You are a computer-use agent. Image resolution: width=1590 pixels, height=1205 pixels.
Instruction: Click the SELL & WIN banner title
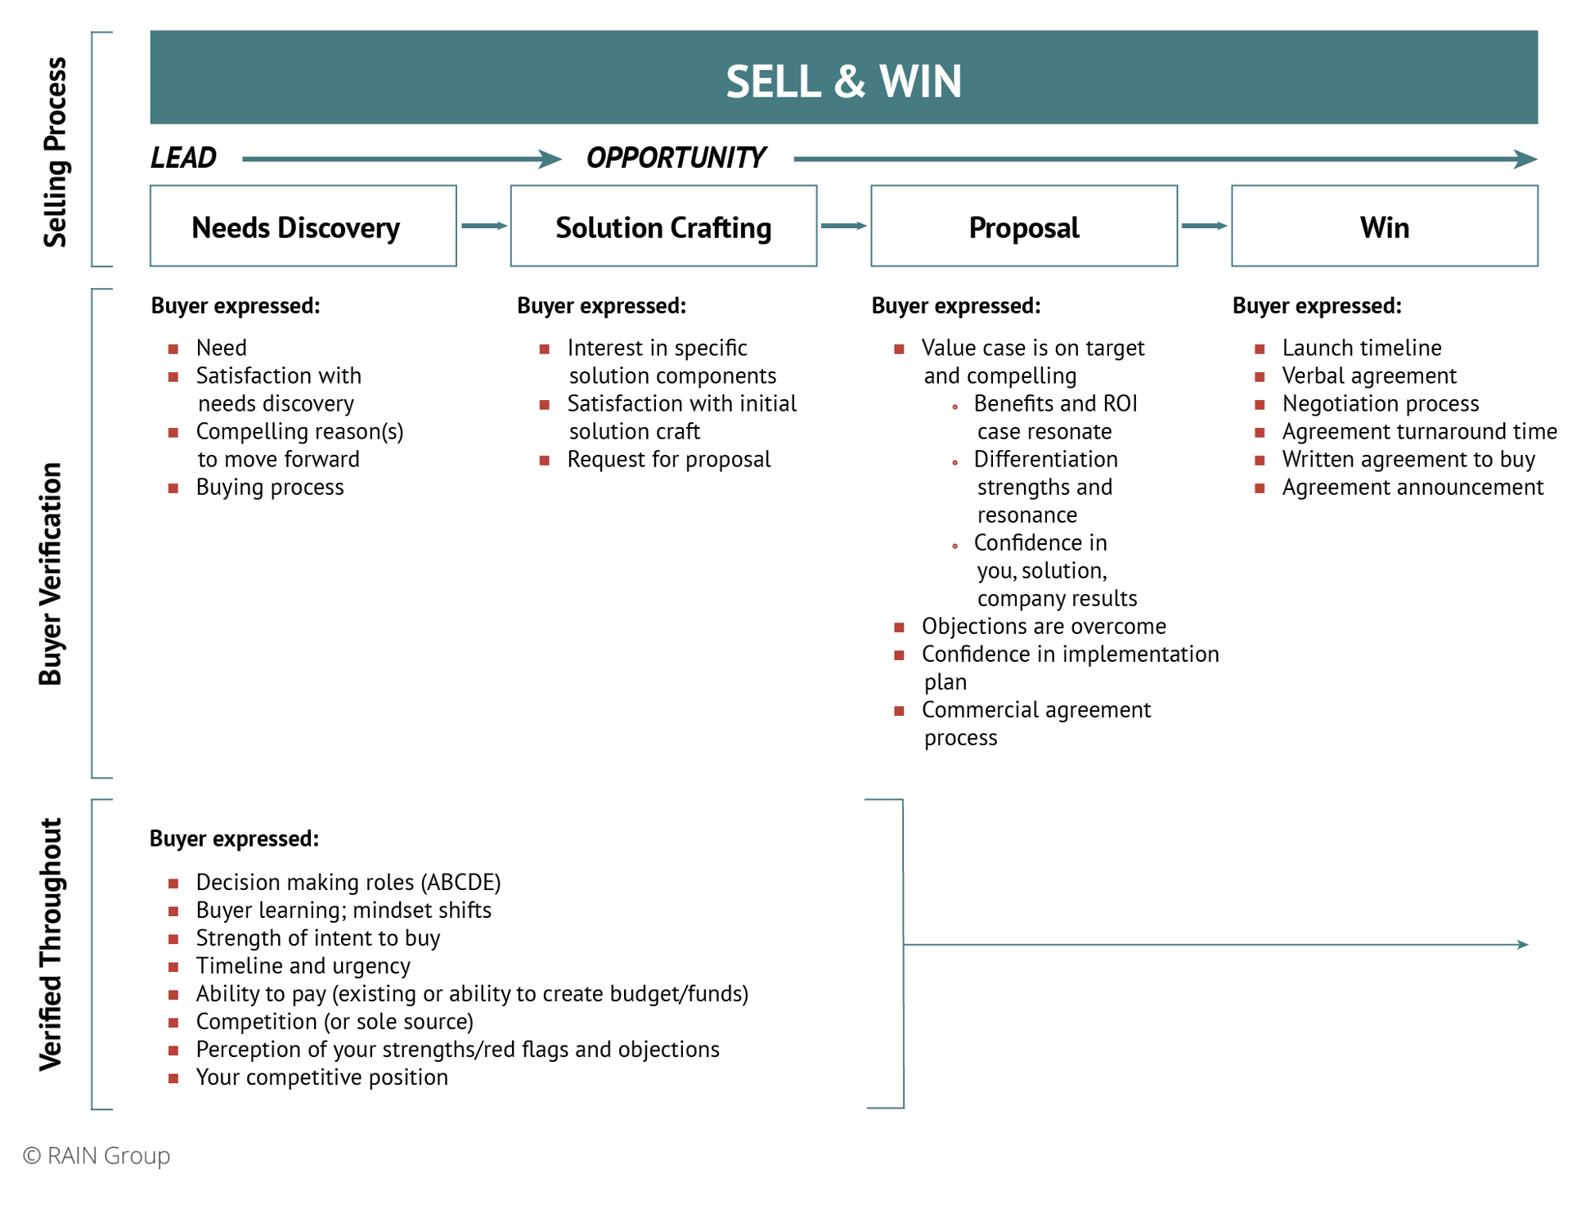843,81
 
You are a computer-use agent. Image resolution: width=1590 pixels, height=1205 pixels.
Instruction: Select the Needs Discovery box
303,227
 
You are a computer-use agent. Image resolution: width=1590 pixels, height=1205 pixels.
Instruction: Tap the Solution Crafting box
663,227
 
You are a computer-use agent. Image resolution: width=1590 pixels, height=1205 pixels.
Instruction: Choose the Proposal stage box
1023,227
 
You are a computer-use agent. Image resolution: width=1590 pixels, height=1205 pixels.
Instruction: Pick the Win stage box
1384,227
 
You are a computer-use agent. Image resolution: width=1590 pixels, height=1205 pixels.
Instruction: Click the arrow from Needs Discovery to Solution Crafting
483,226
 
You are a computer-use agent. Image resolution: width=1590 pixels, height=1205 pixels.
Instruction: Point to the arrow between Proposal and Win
1204,226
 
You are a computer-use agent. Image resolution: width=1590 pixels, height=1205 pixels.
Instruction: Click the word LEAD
183,158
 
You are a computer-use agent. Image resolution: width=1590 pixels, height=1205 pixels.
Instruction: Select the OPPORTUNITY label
676,158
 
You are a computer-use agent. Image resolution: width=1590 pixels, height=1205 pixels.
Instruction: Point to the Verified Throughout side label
51,944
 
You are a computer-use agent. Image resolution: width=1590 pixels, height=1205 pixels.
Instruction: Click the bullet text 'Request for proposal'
668,460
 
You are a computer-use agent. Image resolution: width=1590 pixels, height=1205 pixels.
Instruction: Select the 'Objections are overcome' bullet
1043,627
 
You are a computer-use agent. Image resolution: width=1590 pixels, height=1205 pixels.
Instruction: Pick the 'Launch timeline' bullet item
1361,348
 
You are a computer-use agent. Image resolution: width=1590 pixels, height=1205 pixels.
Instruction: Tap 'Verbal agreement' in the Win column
1368,376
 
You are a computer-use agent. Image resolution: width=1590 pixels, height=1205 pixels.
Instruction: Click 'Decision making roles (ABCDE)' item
348,883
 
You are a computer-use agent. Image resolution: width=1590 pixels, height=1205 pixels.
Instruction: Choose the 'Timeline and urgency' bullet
303,966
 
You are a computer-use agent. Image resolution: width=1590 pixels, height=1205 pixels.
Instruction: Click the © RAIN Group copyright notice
97,1155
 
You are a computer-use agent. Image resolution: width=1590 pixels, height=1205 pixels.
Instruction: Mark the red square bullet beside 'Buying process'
173,488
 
